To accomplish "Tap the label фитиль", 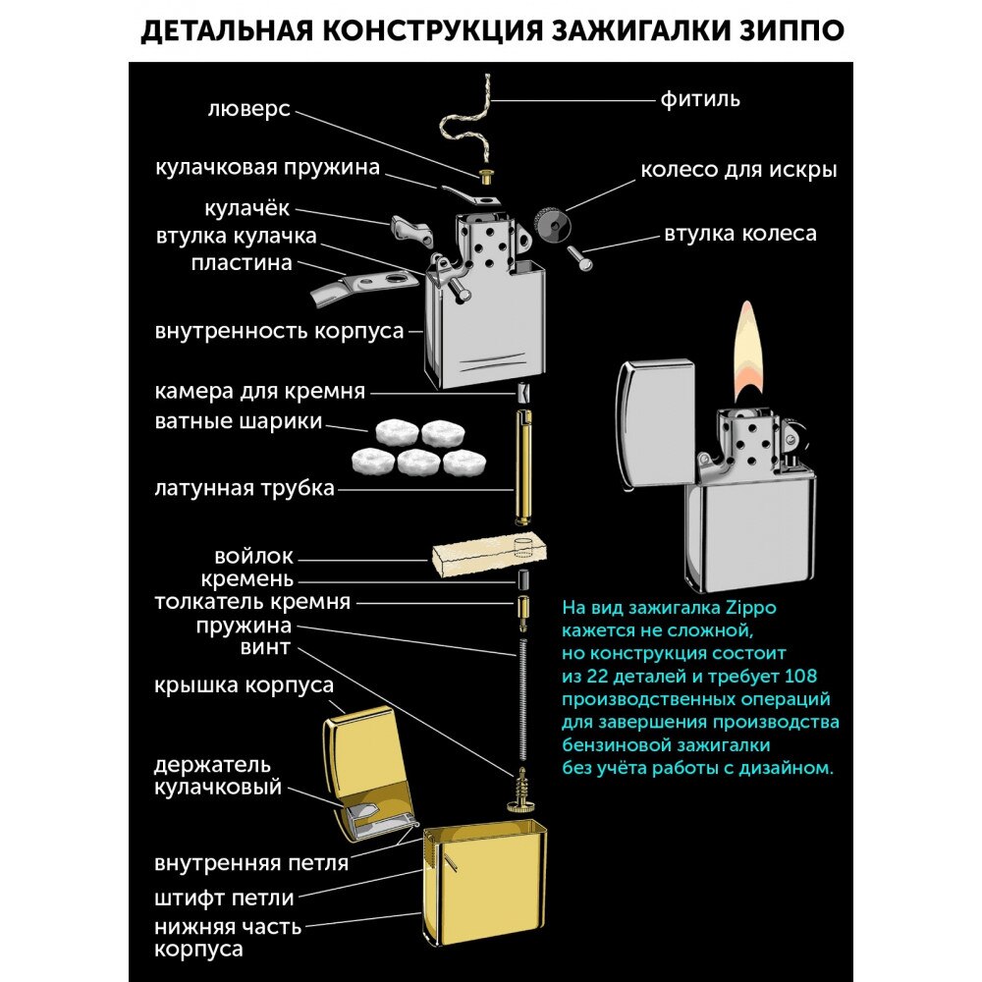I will (699, 99).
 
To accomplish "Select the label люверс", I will (249, 108).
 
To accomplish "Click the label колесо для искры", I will (738, 169).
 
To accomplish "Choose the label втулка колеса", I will (739, 234).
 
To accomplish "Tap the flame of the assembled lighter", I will (749, 354).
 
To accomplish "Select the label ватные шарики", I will (239, 422).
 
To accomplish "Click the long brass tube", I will (522, 466).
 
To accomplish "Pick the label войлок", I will (253, 557).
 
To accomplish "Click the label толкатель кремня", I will (251, 602).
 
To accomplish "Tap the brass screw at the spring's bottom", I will (520, 791).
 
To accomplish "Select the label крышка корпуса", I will (244, 684).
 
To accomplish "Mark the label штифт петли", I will (224, 897).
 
